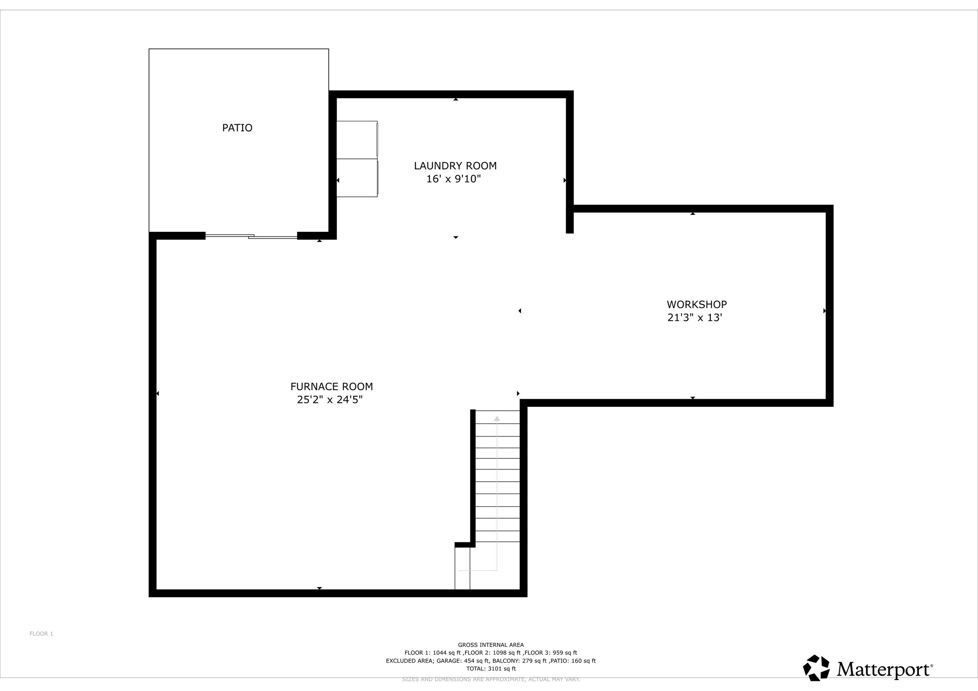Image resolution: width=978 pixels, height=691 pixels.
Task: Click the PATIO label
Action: (x=237, y=128)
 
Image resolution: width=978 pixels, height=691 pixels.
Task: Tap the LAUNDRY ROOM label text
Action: (x=455, y=165)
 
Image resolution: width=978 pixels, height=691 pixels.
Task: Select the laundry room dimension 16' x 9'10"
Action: (x=453, y=179)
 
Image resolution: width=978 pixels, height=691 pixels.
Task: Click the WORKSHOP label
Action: (x=696, y=304)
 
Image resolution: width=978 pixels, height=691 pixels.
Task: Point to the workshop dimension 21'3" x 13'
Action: (x=694, y=317)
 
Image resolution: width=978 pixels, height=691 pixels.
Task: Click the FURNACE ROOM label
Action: (x=331, y=386)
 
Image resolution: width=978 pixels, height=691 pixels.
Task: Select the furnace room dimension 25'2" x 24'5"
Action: (x=329, y=400)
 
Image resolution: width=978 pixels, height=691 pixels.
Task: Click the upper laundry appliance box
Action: (x=357, y=140)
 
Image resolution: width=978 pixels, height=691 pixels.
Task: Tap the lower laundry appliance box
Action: (x=357, y=178)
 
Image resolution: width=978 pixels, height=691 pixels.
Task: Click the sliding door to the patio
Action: (x=251, y=236)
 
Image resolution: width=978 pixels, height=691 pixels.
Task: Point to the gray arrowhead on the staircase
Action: (x=496, y=419)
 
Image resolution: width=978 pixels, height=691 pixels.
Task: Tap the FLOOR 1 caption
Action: (x=42, y=633)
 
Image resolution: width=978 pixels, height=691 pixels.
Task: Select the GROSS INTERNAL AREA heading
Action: (x=491, y=645)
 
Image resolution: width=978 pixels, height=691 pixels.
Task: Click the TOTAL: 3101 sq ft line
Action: (x=491, y=668)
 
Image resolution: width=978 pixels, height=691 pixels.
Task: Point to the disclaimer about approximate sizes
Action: (x=491, y=679)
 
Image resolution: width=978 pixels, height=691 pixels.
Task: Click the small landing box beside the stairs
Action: (x=462, y=569)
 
